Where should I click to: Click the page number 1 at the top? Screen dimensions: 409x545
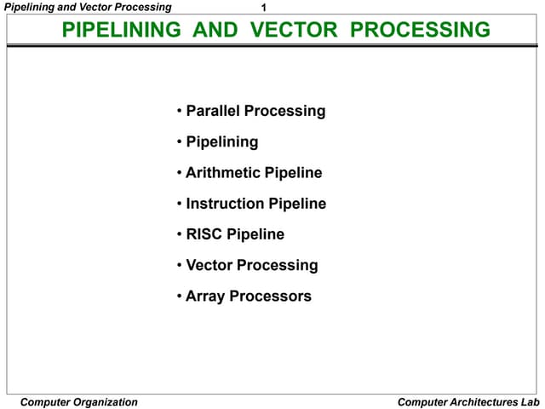[264, 8]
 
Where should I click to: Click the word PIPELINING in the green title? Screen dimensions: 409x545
[122, 31]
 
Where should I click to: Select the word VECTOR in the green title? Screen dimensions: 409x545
[300, 31]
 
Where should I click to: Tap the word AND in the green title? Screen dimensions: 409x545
[216, 31]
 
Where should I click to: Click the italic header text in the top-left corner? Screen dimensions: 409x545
[87, 7]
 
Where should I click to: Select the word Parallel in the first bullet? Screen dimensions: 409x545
[213, 111]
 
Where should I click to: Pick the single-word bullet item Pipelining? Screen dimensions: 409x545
[221, 141]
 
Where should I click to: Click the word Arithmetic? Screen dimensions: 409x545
[223, 173]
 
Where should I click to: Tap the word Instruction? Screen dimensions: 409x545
[225, 204]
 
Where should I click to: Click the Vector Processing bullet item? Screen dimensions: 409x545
[251, 265]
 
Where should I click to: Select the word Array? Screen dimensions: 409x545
[205, 297]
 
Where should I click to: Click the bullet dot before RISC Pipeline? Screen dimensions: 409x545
[180, 234]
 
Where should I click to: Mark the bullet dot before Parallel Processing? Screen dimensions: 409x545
[180, 111]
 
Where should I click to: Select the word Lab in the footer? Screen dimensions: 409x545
[531, 402]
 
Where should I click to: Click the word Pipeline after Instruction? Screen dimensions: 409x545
[297, 204]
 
